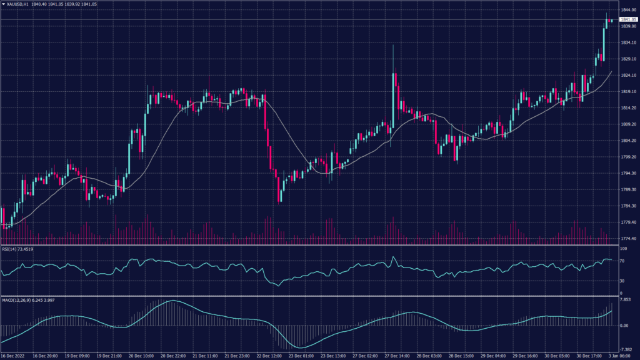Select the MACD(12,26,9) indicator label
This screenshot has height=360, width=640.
(x=17, y=301)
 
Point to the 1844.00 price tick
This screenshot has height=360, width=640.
(x=627, y=10)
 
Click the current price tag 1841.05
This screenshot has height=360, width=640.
(x=627, y=20)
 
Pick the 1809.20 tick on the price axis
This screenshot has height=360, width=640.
(x=627, y=124)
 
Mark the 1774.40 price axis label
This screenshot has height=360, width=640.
(x=627, y=238)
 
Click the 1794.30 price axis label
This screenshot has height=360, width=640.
(x=627, y=173)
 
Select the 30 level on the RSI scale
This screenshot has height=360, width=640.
(x=622, y=281)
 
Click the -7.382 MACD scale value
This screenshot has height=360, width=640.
(x=626, y=350)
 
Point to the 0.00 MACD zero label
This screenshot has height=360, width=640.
(x=624, y=326)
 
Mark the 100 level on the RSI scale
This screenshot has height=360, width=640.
(x=622, y=249)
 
